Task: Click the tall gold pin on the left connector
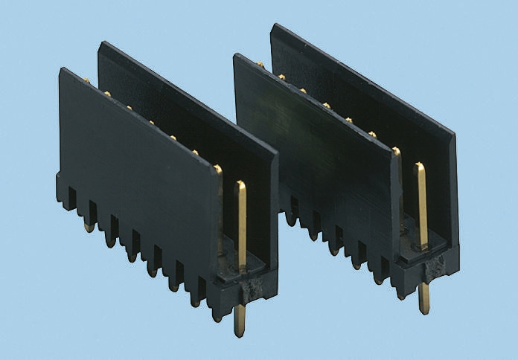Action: (241, 223)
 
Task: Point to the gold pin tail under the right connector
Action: (423, 298)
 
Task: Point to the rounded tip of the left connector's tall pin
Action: (240, 184)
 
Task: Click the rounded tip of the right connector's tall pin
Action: (420, 166)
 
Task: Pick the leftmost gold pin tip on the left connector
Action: (86, 80)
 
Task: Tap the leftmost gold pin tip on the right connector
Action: (259, 65)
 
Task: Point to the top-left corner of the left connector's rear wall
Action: (101, 43)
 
